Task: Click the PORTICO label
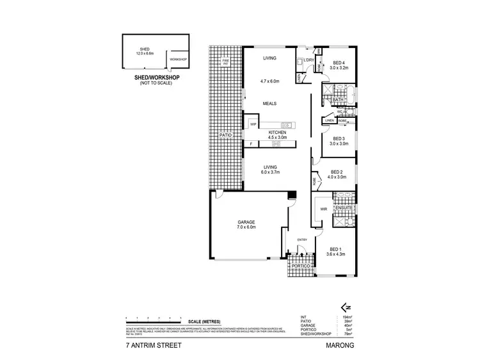coord(298,265)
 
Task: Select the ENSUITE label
coord(344,209)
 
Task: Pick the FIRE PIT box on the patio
coord(225,62)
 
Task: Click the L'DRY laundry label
coord(308,60)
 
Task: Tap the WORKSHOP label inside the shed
coord(177,59)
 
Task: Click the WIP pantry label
coord(253,124)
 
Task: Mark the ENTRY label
coord(302,240)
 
